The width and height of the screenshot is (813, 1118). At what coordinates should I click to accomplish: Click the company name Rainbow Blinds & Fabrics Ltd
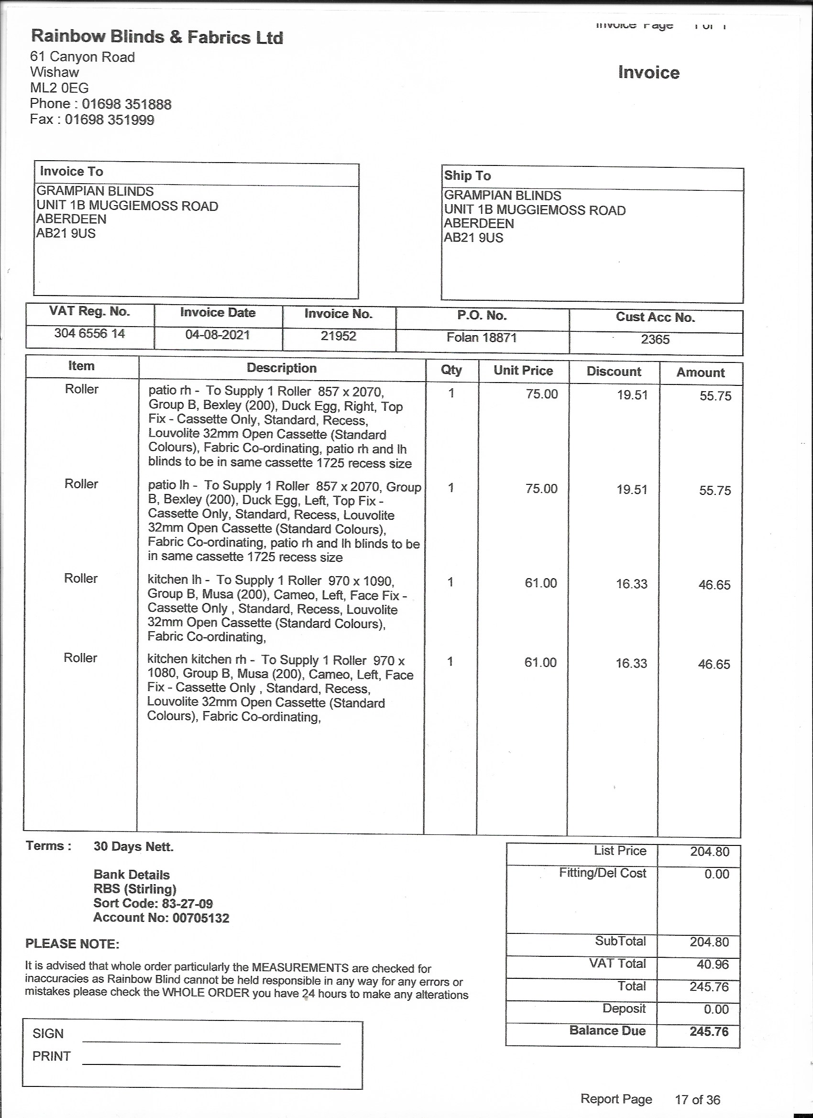[x=157, y=37]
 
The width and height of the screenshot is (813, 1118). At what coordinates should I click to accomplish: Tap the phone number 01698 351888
[x=126, y=104]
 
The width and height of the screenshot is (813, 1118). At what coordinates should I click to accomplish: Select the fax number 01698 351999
[x=110, y=120]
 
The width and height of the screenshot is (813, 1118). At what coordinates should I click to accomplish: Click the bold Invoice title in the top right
[x=648, y=73]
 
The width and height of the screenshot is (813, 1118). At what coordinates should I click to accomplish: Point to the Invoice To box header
[x=71, y=172]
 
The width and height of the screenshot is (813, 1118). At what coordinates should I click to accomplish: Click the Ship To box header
[x=467, y=175]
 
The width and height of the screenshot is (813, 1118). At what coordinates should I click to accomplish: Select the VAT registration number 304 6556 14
[x=89, y=334]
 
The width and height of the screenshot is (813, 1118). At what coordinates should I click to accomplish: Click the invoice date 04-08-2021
[x=218, y=335]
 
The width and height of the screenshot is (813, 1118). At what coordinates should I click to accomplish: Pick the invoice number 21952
[x=338, y=336]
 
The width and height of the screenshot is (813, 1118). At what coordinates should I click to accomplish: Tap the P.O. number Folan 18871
[x=481, y=338]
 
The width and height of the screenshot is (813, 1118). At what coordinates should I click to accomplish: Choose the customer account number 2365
[x=655, y=340]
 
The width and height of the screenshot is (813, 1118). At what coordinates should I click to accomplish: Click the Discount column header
[x=614, y=372]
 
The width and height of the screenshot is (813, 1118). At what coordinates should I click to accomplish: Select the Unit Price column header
[x=523, y=371]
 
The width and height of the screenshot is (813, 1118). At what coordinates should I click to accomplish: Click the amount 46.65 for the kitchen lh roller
[x=714, y=585]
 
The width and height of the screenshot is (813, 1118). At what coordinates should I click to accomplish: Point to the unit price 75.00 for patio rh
[x=541, y=394]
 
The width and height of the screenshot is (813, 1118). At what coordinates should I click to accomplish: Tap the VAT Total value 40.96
[x=713, y=964]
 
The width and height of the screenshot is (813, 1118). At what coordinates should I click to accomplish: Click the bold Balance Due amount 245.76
[x=708, y=1031]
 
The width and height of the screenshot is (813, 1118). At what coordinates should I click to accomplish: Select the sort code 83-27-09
[x=187, y=904]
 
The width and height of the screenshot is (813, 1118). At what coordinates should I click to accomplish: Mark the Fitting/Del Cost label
[x=602, y=873]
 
